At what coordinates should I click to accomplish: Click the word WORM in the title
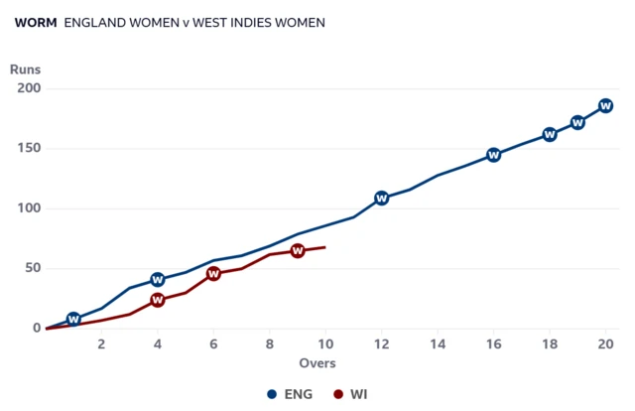pos(36,23)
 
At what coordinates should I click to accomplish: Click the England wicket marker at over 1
pos(73,320)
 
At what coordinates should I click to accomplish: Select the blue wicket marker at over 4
pos(158,280)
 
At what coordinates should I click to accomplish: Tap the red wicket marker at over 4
pos(158,300)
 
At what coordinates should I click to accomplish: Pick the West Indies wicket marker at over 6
pos(213,274)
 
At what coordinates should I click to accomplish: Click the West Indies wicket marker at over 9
pos(298,251)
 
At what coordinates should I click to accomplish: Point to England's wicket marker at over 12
pos(381,199)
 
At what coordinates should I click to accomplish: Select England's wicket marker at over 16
pos(494,155)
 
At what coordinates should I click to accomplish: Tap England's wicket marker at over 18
pos(550,135)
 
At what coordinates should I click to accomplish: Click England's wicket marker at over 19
pos(577,122)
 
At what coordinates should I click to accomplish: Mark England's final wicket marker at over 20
pos(605,106)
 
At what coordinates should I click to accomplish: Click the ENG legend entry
pos(290,394)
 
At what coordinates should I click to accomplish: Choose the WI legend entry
pos(350,394)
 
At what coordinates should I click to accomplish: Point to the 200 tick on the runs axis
pos(29,88)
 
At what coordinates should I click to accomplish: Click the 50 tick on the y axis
pos(33,268)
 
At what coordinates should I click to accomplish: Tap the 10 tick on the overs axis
pos(325,344)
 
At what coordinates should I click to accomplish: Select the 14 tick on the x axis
pos(438,344)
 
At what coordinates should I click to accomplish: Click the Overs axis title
pos(317,363)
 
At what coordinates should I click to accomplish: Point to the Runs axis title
pos(25,69)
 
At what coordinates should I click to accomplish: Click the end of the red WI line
pos(325,247)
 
